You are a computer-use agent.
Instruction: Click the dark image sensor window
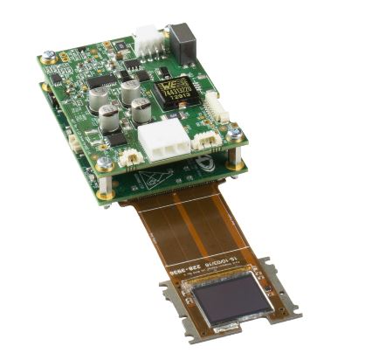click(231, 299)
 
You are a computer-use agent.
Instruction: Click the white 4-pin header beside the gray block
click(148, 38)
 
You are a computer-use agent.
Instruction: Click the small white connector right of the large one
click(206, 140)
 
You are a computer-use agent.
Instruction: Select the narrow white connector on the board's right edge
click(217, 106)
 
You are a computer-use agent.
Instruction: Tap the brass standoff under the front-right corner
click(236, 163)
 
